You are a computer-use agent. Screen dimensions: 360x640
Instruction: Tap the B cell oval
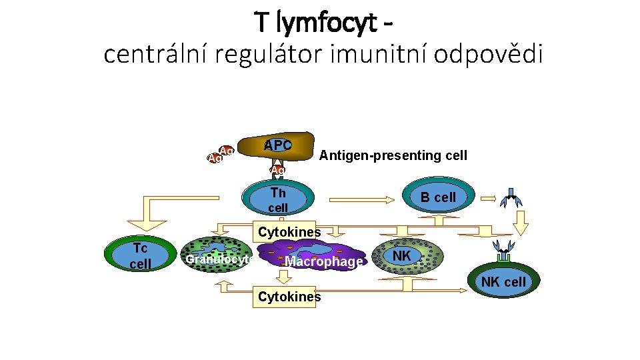click(x=437, y=197)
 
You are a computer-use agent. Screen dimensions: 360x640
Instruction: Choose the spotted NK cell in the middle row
click(x=407, y=257)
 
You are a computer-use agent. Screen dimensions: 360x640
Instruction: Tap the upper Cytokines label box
click(x=289, y=232)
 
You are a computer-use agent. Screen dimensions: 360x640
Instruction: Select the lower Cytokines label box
click(x=289, y=297)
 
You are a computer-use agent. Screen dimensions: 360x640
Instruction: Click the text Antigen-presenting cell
click(x=393, y=155)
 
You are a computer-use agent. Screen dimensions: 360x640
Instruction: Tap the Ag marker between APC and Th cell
click(x=278, y=169)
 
